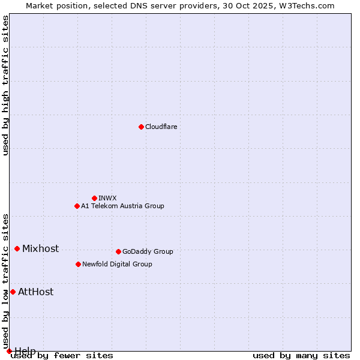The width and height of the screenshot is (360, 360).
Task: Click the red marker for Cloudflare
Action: [x=141, y=127]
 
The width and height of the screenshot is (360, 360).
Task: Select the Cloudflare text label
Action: [x=161, y=127]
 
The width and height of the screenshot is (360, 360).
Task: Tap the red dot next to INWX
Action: [x=94, y=198]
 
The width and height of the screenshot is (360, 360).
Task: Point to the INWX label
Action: [x=107, y=198]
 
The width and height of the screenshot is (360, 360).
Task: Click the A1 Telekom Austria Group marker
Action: [x=77, y=206]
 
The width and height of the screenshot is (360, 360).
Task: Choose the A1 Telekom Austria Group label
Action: [x=122, y=206]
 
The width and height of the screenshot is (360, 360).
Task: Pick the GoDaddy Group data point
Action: [x=118, y=251]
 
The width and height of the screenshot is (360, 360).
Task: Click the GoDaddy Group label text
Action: [x=148, y=251]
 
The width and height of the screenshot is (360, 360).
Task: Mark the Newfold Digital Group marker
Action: [x=78, y=264]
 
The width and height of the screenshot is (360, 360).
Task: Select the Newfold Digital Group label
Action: [x=117, y=264]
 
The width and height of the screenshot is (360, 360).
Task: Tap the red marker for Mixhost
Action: [x=17, y=248]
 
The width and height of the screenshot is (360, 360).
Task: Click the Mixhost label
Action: [x=40, y=248]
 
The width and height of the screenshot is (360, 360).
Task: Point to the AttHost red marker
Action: [x=13, y=292]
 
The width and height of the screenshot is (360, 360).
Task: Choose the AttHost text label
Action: [x=35, y=292]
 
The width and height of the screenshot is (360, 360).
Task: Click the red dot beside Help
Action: [x=9, y=351]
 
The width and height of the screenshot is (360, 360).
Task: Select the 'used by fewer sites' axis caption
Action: [x=62, y=355]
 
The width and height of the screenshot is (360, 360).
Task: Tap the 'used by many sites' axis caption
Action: [x=301, y=355]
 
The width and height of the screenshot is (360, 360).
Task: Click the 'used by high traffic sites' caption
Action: [x=5, y=85]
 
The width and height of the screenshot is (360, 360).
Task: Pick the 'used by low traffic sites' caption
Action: [x=5, y=281]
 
